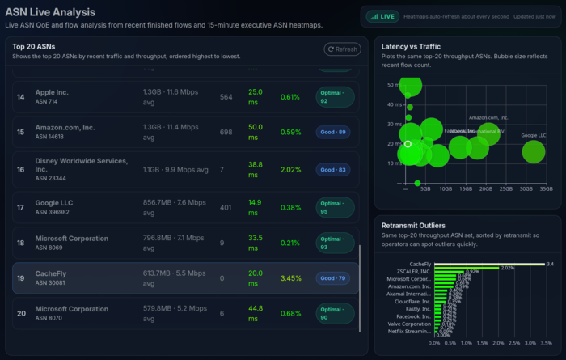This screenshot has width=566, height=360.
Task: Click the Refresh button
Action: [x=342, y=49]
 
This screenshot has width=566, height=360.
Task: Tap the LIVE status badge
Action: [x=382, y=16]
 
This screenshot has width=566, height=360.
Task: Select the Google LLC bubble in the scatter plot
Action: [x=534, y=150]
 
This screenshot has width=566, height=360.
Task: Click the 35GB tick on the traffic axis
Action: [x=547, y=188]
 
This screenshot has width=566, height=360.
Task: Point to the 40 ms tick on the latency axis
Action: [x=394, y=104]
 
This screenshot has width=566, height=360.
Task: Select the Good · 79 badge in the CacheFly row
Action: [x=333, y=278]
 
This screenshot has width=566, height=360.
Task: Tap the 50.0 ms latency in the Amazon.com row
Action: [x=256, y=132]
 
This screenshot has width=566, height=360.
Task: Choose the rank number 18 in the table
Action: [x=21, y=243]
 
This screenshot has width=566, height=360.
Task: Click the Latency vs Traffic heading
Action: [x=417, y=47]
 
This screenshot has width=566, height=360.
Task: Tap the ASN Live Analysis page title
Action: [x=50, y=12]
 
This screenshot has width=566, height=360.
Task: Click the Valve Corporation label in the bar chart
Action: [x=409, y=323]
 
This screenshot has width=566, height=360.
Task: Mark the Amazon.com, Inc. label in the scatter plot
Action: [x=488, y=118]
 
